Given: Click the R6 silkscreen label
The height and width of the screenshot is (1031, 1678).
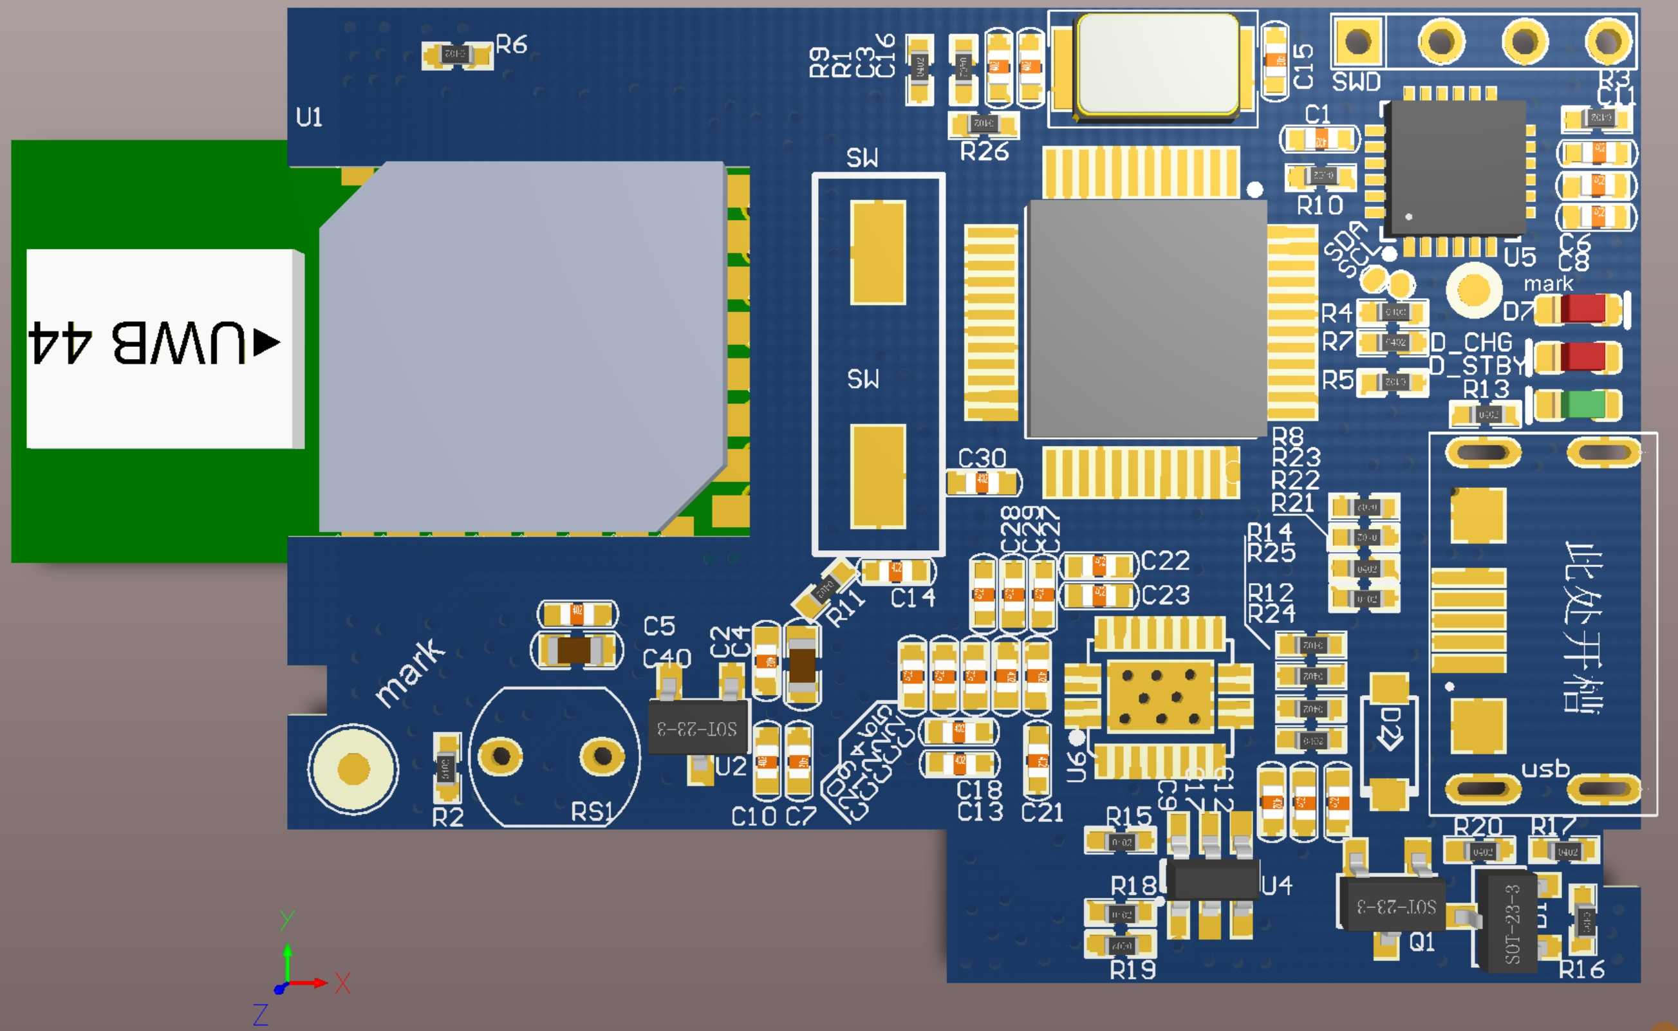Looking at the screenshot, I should click(510, 45).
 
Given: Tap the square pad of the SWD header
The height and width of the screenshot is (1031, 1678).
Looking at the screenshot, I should click(1357, 41).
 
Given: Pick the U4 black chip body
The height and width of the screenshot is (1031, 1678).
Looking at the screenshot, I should click(1211, 880).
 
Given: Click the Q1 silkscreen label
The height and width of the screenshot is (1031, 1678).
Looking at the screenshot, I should click(1422, 942).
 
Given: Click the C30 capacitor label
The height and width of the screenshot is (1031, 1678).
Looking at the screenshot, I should click(982, 458).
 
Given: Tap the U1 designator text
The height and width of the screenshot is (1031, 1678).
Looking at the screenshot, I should click(309, 117).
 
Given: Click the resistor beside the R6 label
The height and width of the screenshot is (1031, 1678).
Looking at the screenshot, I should click(456, 54).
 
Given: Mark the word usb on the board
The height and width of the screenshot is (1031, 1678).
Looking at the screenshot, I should click(1545, 768).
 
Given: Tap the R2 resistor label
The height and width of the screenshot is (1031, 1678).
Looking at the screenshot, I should click(448, 817).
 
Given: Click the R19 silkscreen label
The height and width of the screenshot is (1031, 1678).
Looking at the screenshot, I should click(1133, 970).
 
